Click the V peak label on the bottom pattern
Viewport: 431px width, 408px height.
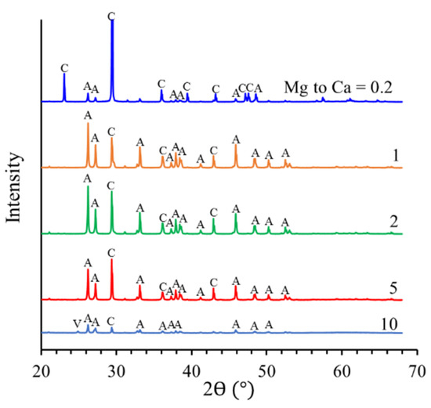(x=76, y=322)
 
